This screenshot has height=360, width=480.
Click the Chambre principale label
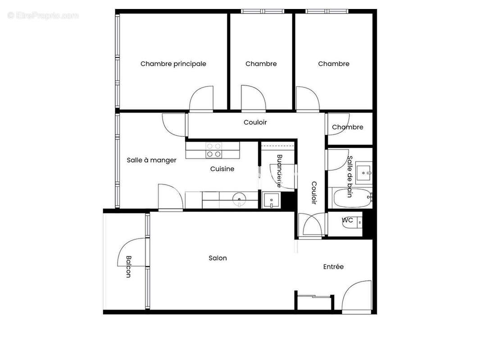[173, 64]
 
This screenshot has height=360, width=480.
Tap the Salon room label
[217, 258]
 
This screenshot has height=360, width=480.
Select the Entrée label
[333, 267]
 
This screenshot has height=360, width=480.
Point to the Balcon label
[128, 267]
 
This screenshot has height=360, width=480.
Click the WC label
[347, 220]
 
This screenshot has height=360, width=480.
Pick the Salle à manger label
[151, 160]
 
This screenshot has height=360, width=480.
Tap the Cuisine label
[222, 169]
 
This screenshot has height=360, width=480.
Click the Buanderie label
[280, 171]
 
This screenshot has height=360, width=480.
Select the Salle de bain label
[349, 177]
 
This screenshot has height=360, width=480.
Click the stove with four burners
[213, 150]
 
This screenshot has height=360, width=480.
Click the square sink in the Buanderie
[272, 200]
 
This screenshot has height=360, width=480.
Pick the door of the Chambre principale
[201, 99]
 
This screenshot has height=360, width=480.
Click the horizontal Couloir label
[255, 122]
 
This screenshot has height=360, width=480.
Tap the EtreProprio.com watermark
[43, 16]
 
